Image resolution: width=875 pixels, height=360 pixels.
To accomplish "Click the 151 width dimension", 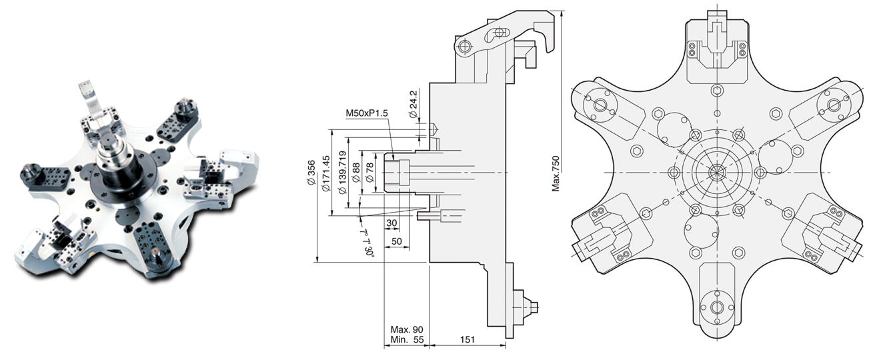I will click(x=468, y=340).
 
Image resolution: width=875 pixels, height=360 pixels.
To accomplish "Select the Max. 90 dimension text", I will click(x=406, y=330).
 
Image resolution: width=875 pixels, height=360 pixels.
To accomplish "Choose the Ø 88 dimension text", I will click(x=357, y=173).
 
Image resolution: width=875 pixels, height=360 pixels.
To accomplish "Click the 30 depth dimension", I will click(x=392, y=223).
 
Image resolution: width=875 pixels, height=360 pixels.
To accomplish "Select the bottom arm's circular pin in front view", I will click(x=717, y=307).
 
